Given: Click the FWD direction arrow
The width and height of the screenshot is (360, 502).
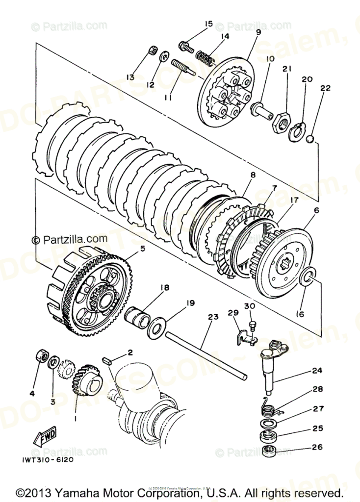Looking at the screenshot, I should [x=44, y=436].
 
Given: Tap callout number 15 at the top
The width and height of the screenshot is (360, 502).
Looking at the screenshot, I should [x=209, y=24].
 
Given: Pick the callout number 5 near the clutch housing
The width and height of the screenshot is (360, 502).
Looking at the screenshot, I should [x=143, y=249].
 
